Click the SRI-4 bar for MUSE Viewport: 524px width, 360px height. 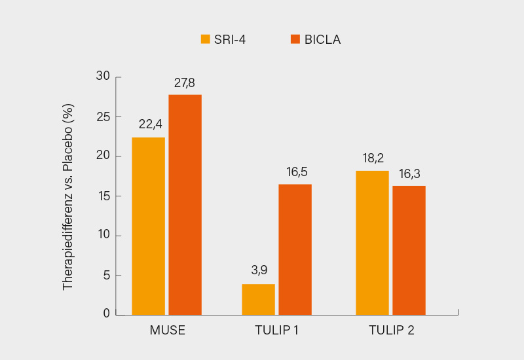pos(148,226)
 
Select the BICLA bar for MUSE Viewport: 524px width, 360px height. pos(185,205)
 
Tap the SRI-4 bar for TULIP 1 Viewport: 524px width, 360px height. pos(258,299)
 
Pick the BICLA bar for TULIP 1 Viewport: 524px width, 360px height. pos(295,249)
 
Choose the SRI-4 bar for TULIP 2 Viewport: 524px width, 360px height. pos(372,243)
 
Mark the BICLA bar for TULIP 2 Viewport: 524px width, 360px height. pos(409,250)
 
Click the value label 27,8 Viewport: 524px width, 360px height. pos(185,83)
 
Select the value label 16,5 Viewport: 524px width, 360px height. pos(295,173)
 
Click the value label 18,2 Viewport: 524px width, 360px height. pos(372,159)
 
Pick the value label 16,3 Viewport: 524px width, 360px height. pos(409,174)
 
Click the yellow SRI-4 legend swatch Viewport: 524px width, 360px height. pos(205,39)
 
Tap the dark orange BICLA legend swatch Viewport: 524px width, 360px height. pos(295,39)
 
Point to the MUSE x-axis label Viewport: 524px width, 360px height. pos(167,330)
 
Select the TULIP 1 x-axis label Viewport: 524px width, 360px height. pos(276,330)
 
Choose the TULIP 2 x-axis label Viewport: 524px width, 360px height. pos(391,330)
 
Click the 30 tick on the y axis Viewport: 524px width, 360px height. pos(103,77)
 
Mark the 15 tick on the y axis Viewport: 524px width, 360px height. pos(103,196)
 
